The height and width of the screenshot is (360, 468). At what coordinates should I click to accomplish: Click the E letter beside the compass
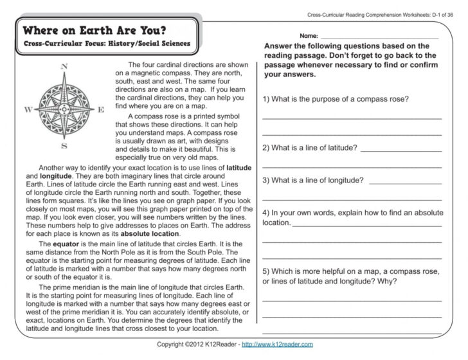click(101, 110)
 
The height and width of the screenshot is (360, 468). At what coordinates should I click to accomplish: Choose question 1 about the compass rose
click(336, 99)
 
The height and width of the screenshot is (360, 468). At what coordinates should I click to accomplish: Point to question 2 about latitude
click(310, 147)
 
